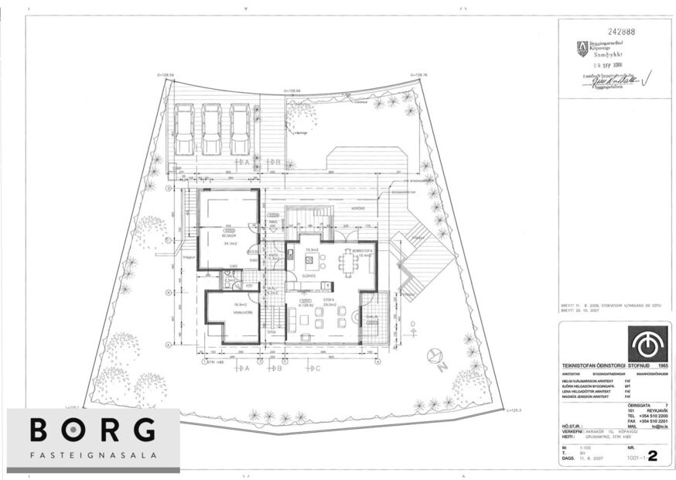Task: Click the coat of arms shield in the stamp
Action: tap(582, 49)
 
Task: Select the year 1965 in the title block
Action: tap(661, 364)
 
